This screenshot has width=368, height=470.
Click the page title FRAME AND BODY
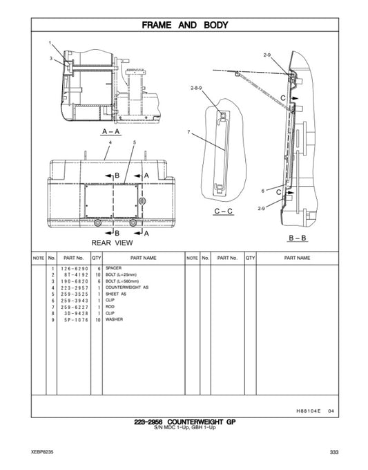(x=184, y=26)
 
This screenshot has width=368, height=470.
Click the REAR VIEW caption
(x=113, y=243)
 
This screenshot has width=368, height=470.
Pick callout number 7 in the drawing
(x=188, y=131)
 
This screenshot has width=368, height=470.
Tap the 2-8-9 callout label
(x=196, y=88)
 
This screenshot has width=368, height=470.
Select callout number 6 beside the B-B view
(x=263, y=190)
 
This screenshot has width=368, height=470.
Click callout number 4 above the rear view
(x=110, y=141)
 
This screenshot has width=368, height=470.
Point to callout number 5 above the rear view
(x=135, y=141)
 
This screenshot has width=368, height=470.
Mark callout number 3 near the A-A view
(x=50, y=59)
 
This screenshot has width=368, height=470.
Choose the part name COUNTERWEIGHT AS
(x=126, y=288)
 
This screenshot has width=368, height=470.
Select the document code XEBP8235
(x=42, y=452)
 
